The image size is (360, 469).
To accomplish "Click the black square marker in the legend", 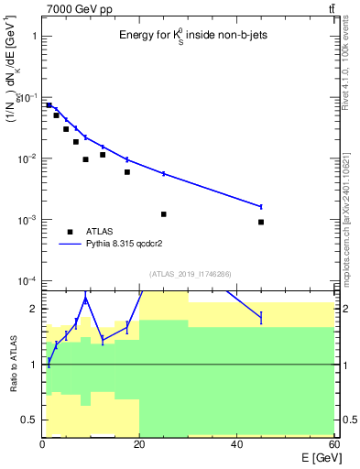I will click(x=71, y=232).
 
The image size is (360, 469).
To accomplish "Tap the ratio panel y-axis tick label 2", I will click(x=34, y=309).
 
